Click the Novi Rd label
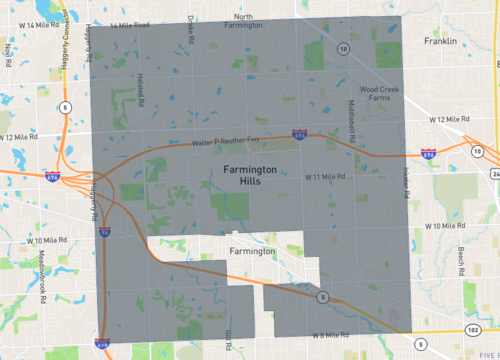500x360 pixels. pos(8,48)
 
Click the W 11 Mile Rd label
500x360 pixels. pos(325,176)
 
